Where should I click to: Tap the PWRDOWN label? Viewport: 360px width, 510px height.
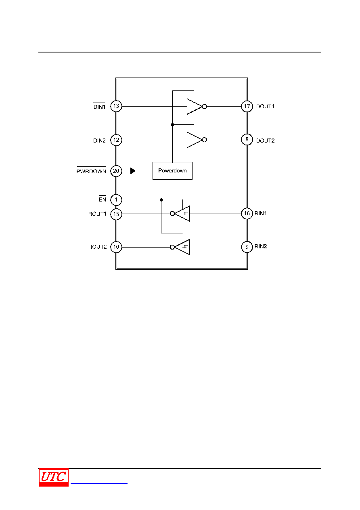point(91,171)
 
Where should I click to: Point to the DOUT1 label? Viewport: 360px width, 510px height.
point(265,106)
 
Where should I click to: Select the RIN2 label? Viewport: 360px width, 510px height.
point(261,246)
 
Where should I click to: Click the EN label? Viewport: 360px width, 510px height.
point(103,199)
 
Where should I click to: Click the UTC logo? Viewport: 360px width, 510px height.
point(54,477)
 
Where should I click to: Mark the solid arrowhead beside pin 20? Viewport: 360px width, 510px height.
point(133,171)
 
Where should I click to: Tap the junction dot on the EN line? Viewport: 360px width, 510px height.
point(161,200)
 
